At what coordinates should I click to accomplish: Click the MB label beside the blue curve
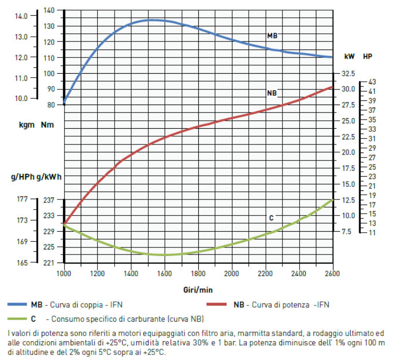pos(272,36)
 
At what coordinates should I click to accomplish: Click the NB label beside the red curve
pos(271,93)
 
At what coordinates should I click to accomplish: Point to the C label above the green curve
pos(271,218)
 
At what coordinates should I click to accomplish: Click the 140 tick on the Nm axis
pos(49,10)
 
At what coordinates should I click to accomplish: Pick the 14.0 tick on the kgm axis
pos(21,16)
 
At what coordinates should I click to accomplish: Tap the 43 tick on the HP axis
pos(372,82)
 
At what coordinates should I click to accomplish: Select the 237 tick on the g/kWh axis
pos(49,199)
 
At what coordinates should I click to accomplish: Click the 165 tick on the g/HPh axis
pos(23,263)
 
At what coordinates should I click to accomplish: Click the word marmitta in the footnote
pos(245,333)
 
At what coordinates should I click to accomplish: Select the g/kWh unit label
pos(49,178)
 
